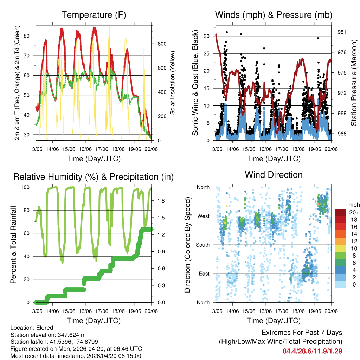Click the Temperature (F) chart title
click(94, 15)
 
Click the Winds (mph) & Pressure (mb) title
click(274, 15)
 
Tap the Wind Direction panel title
click(274, 175)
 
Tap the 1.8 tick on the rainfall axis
click(161, 201)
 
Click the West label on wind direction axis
click(203, 216)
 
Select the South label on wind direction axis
click(202, 245)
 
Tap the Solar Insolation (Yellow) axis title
click(173, 83)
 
